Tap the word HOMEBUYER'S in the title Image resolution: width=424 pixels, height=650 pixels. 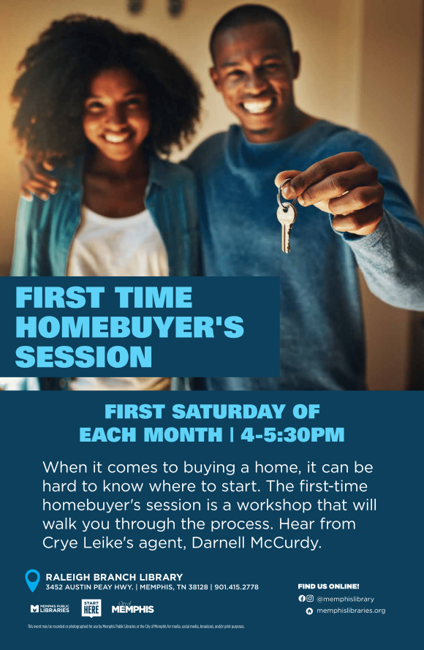pos(129,327)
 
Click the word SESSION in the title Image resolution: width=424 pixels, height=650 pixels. pos(83,357)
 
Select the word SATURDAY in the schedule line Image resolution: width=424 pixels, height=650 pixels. pos(235,411)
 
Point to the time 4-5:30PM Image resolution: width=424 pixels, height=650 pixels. pos(292,434)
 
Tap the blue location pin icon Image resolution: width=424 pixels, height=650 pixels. pos(32,581)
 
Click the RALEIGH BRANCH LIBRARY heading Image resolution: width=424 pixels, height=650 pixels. pos(114,577)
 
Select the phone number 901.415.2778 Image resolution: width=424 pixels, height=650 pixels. pos(236,587)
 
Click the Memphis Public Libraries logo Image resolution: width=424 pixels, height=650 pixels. pos(50,608)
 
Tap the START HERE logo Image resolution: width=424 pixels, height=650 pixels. pos(91,608)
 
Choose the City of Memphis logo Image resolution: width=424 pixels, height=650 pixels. pos(132,608)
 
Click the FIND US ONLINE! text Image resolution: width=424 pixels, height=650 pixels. pos(328,586)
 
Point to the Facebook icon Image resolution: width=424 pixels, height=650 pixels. pos(302,598)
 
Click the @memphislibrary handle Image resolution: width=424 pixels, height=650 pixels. pos(345,598)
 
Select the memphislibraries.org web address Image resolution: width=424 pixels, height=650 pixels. pos(350,611)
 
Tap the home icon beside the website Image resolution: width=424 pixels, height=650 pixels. pos(309,611)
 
